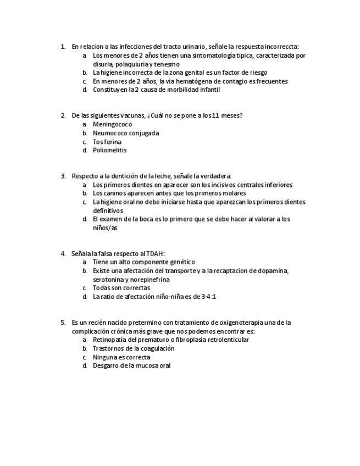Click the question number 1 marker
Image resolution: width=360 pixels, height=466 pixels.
coord(63,47)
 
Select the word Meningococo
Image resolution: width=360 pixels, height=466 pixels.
coord(112,124)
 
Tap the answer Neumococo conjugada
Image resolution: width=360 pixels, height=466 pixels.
coord(126,133)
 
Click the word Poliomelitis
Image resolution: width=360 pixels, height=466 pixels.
coord(109,150)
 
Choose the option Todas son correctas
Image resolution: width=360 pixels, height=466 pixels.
coord(121,288)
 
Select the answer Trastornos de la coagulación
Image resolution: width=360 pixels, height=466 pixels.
coord(134,348)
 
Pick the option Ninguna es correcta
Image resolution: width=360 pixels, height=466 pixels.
coord(121,357)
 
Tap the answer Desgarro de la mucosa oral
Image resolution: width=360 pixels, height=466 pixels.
coord(131,365)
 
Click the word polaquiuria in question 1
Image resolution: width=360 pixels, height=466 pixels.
coord(130,64)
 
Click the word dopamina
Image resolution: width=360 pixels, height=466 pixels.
coord(274,271)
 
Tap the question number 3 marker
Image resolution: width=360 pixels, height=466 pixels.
coord(63,176)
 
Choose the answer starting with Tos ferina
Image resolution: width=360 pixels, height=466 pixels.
coord(107,142)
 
